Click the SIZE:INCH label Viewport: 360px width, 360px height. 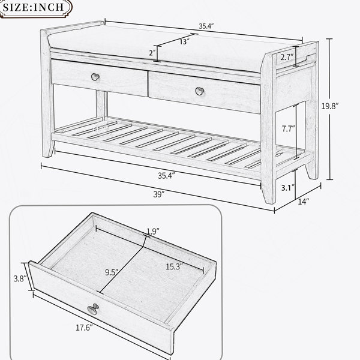coord(33,7)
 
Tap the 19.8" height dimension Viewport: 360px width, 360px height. coord(330,106)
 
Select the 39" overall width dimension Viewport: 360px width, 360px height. coord(159,194)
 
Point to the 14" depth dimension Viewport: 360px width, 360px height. coord(304,202)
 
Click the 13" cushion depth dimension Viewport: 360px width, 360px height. coord(184,41)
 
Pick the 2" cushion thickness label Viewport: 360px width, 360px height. coord(152,53)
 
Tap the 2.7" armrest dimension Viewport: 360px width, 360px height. coord(287,57)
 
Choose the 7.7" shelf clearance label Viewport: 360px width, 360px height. coord(289,129)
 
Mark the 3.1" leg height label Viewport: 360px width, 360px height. coord(288,188)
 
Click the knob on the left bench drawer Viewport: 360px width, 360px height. coord(95,77)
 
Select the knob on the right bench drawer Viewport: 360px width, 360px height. coord(200,91)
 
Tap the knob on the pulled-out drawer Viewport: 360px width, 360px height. coord(93,309)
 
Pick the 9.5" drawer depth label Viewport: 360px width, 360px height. coord(112,272)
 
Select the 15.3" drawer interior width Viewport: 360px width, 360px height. coord(174,266)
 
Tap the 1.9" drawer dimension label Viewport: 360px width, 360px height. coord(153,232)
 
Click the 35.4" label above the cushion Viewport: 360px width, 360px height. coord(206,26)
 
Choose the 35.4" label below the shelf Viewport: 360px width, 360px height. coord(166,176)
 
